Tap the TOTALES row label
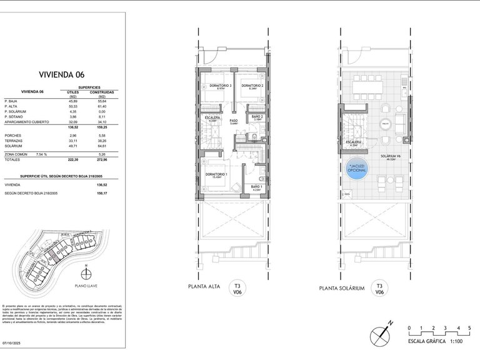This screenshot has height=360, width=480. coord(14,160)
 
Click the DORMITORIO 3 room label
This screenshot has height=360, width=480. coord(220,86)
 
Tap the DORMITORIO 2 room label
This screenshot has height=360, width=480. coord(253,86)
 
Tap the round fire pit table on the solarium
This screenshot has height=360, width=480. coord(384,124)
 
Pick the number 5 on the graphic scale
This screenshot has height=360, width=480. coord(468,327)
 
